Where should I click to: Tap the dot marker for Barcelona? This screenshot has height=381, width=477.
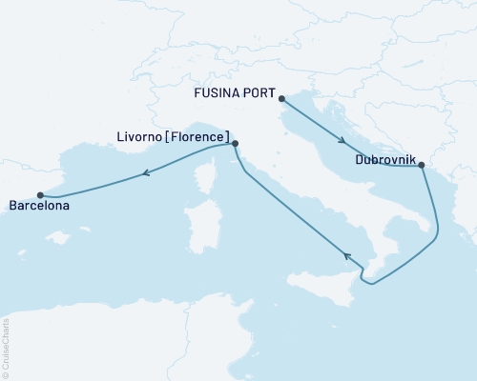pos(40,194)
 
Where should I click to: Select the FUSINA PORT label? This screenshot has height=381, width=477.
pos(233,96)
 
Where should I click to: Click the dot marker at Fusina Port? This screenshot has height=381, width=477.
pos(281,96)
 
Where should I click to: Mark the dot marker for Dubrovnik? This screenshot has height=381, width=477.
pos(422,169)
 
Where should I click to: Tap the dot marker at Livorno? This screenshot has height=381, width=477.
pos(235,145)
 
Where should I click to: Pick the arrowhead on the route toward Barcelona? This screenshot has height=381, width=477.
pos(147,173)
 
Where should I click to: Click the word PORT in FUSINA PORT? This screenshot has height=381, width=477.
pos(257,96)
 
